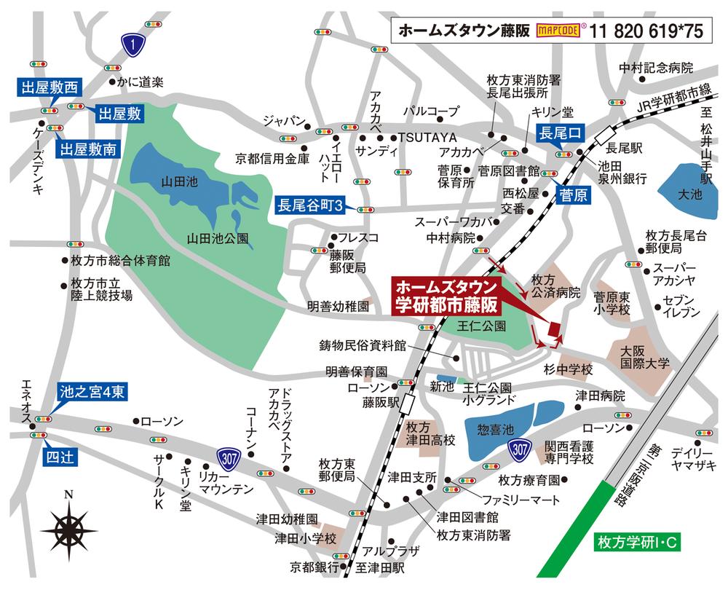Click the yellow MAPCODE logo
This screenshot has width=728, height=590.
[x=558, y=31]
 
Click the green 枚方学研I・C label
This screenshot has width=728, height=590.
[x=637, y=542]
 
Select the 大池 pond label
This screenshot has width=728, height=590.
[x=687, y=194]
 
